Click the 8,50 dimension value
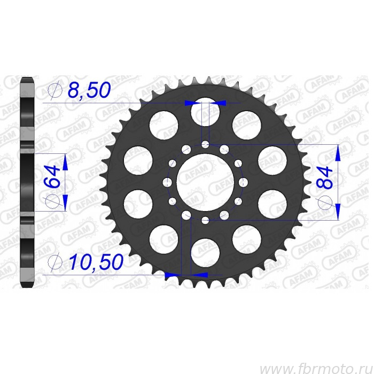click(x=89, y=90)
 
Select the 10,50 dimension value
click(x=96, y=262)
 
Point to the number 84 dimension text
click(x=324, y=178)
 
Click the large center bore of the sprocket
click(x=205, y=183)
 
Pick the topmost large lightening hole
click(x=205, y=112)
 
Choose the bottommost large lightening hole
click(x=205, y=253)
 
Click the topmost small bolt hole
click(x=205, y=145)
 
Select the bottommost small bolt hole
click(x=205, y=220)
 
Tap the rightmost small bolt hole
click(x=243, y=183)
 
